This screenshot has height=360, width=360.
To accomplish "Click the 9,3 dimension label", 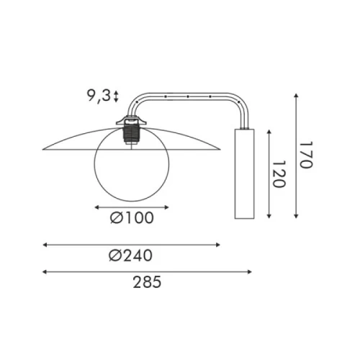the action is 99,96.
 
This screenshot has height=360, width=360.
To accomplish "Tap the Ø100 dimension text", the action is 132,218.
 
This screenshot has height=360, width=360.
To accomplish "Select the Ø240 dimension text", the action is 130,256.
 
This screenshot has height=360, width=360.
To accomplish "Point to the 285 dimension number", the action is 147,282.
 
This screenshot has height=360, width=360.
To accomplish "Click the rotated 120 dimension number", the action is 279,174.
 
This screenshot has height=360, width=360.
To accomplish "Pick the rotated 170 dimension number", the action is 306,155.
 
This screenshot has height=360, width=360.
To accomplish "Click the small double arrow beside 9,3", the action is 116,96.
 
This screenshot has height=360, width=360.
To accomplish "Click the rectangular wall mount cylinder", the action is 244,174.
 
